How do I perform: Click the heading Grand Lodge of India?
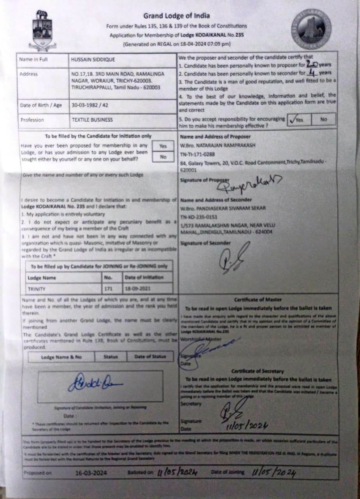176,16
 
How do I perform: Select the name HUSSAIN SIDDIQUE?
93,60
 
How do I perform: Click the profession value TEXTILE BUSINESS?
92,120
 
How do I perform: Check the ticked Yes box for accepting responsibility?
298,119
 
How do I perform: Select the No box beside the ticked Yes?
323,119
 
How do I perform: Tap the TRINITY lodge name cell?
37,289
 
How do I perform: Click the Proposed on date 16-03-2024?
91,473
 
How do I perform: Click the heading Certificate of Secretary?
258,371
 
